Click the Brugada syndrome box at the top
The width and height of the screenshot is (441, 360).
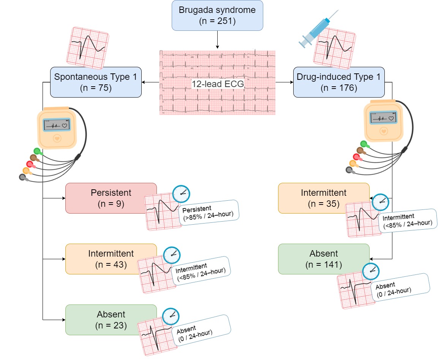point(217,16)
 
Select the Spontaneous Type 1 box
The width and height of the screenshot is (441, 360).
point(96,82)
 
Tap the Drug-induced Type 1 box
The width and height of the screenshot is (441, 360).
point(339,82)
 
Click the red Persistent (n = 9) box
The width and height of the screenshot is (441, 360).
point(111,198)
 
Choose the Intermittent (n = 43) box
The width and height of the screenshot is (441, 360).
point(111,259)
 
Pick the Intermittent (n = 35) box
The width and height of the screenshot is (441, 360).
point(323,198)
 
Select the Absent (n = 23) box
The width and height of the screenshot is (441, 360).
point(111,319)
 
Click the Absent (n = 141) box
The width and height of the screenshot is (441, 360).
point(323,259)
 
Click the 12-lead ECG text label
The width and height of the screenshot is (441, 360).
point(217,84)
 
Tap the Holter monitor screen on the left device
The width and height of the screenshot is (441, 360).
point(56,124)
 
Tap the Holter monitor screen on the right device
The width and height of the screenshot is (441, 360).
point(384,118)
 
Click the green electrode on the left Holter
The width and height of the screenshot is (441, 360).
point(37,151)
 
